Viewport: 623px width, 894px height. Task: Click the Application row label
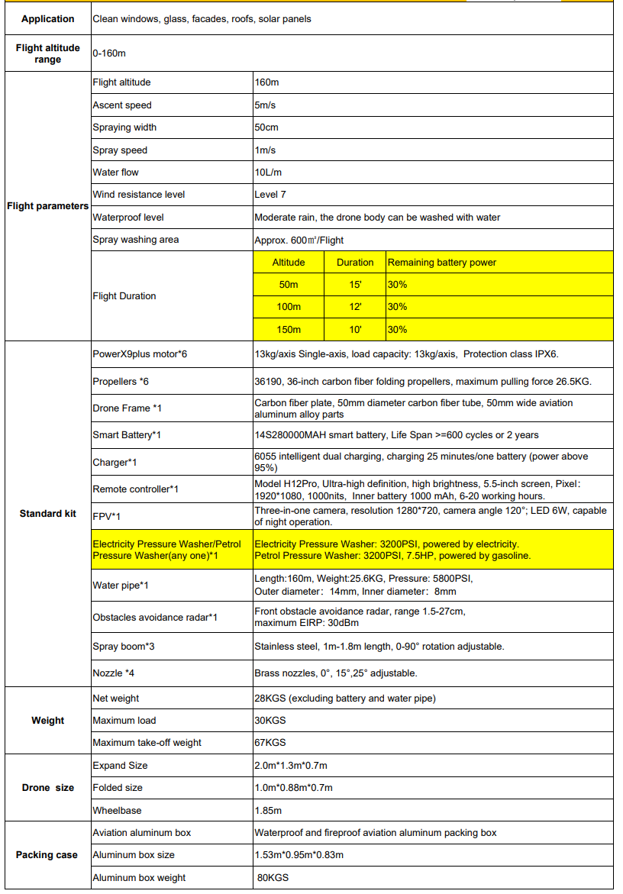(x=47, y=19)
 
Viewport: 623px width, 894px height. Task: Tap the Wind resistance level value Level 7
(x=270, y=195)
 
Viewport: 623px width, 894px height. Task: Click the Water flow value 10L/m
(x=268, y=173)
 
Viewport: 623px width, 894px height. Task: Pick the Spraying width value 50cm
(x=266, y=127)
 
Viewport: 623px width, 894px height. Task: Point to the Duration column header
(x=355, y=263)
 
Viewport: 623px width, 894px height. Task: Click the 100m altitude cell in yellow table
(x=289, y=307)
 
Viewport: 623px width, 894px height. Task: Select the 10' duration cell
(x=355, y=330)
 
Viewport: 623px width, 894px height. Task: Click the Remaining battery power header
(x=442, y=263)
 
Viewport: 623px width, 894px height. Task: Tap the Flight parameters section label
(x=47, y=206)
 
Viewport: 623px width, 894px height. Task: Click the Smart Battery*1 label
(x=127, y=435)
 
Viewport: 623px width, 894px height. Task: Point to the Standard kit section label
(x=47, y=514)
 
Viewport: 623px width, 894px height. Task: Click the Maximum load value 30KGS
(x=270, y=721)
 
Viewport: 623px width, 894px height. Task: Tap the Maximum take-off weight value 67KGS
(x=270, y=743)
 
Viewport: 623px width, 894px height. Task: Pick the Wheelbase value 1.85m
(x=268, y=810)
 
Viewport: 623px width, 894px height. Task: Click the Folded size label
(x=118, y=788)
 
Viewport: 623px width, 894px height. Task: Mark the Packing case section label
(x=47, y=855)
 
